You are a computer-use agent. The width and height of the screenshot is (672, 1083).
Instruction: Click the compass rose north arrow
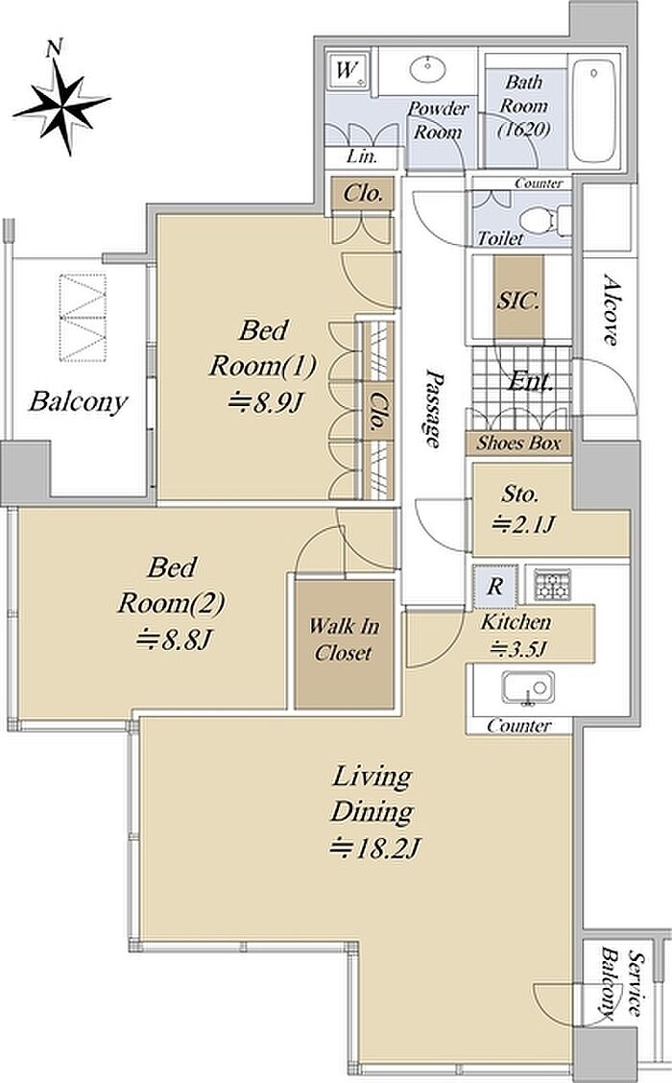(62, 104)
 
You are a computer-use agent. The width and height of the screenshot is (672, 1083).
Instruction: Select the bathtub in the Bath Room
(594, 111)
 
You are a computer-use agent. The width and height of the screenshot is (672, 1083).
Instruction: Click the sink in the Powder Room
(427, 69)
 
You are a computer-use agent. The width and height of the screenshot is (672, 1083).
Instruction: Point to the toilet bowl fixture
(537, 221)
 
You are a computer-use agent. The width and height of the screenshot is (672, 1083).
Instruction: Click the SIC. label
(518, 301)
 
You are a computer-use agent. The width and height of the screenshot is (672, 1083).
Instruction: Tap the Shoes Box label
(518, 443)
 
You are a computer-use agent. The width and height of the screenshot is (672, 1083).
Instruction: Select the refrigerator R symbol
(495, 587)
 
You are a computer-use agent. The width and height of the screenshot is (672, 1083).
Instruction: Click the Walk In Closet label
(344, 639)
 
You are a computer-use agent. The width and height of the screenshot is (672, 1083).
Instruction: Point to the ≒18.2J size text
(375, 847)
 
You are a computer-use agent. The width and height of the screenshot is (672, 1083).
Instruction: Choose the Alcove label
(610, 309)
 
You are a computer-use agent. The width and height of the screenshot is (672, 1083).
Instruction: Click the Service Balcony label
(620, 985)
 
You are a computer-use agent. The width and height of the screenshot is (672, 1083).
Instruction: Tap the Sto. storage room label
(520, 493)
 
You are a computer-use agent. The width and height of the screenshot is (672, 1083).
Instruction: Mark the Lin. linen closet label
(362, 156)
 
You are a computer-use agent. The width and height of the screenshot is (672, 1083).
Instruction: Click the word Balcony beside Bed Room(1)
(78, 401)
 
